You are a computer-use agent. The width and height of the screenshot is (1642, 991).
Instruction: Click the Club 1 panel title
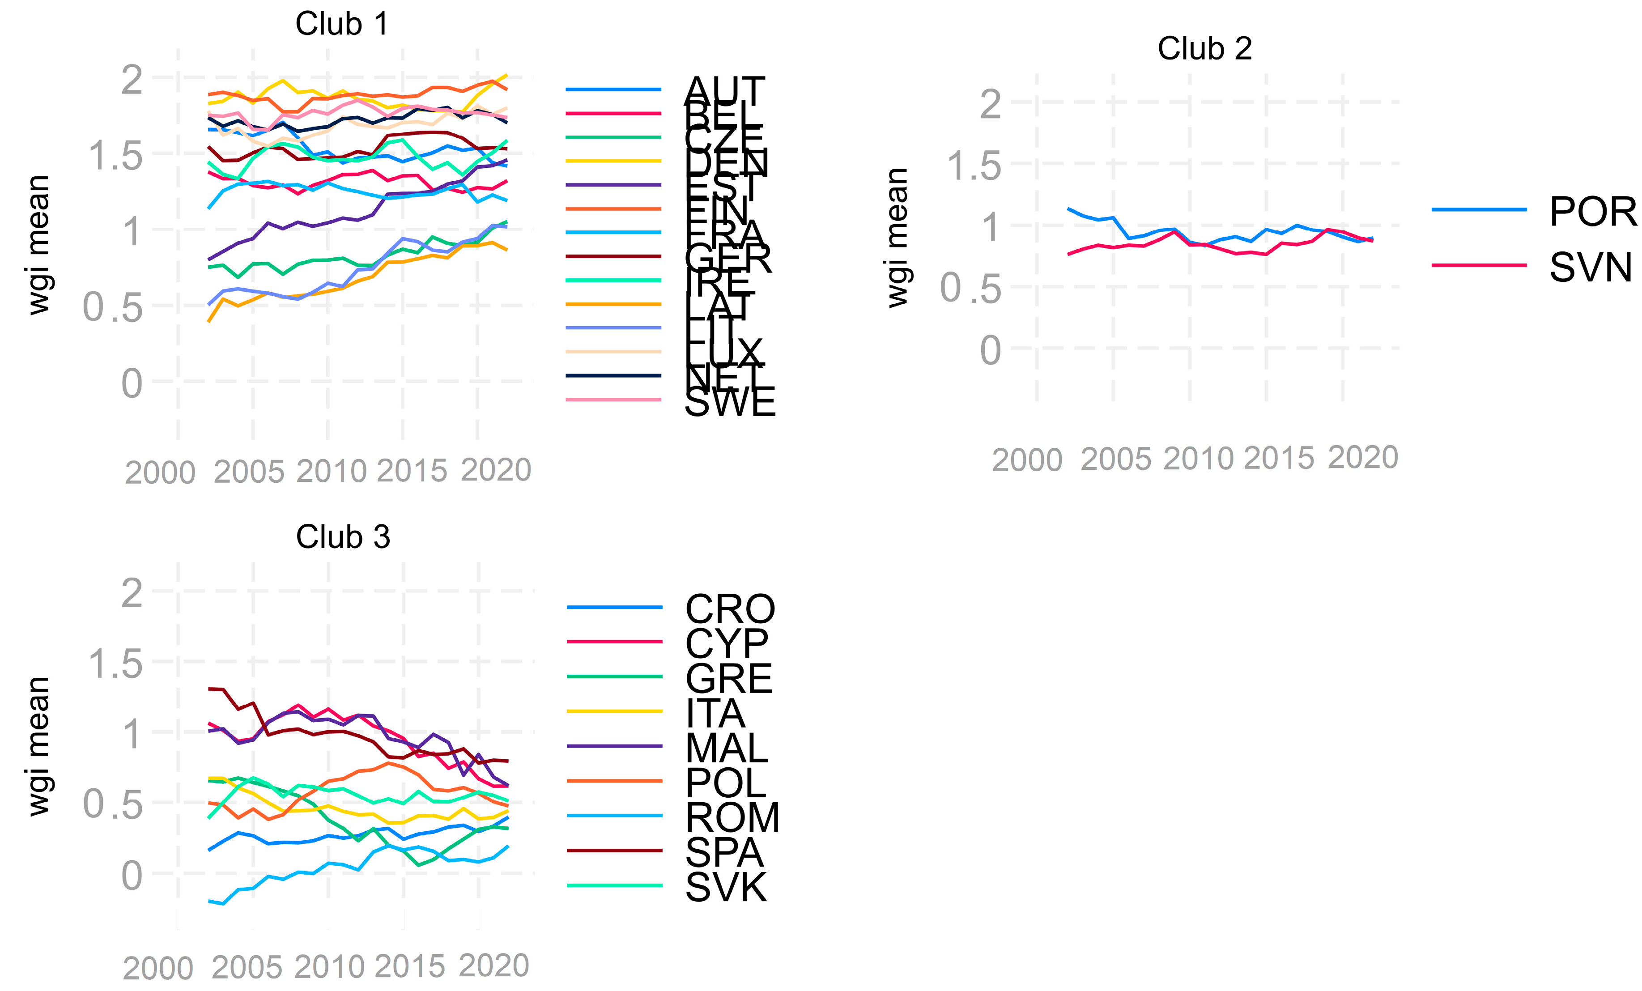coord(341,24)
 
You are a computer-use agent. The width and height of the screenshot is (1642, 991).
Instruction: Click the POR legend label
coord(1593,212)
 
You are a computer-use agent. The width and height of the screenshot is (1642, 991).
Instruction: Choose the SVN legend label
coord(1590,267)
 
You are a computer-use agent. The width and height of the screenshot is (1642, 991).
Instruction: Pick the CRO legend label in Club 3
coord(730,609)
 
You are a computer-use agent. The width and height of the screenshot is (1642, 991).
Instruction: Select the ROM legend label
coord(732,817)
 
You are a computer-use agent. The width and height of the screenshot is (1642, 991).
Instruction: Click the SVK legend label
coord(726,887)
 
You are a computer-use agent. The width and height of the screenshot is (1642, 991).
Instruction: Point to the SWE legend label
coord(730,402)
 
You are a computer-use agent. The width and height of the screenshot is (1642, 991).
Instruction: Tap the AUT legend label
coord(725,91)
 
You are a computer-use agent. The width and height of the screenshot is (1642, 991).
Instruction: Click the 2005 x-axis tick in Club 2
coord(1115,459)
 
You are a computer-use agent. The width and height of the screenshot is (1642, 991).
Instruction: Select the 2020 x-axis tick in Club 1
coord(496,470)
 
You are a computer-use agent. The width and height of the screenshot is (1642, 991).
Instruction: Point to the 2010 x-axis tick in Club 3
coord(330,967)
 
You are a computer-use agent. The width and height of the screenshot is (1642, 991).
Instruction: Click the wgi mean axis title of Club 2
coord(897,238)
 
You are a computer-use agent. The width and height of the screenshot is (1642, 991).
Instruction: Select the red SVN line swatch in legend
coord(1479,265)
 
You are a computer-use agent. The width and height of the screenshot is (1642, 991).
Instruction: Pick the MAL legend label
coord(726,748)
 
